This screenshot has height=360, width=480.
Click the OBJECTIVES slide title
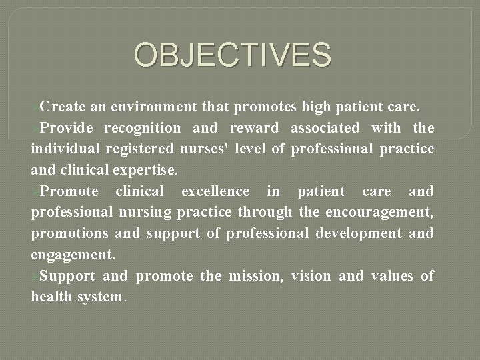(233, 55)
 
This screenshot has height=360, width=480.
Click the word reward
(254, 127)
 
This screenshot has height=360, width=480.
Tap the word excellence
(215, 191)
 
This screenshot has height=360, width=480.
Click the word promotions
(70, 234)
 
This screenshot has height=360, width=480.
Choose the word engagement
(71, 255)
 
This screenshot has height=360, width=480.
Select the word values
(389, 276)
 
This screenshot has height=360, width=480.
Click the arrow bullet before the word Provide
(35, 127)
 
